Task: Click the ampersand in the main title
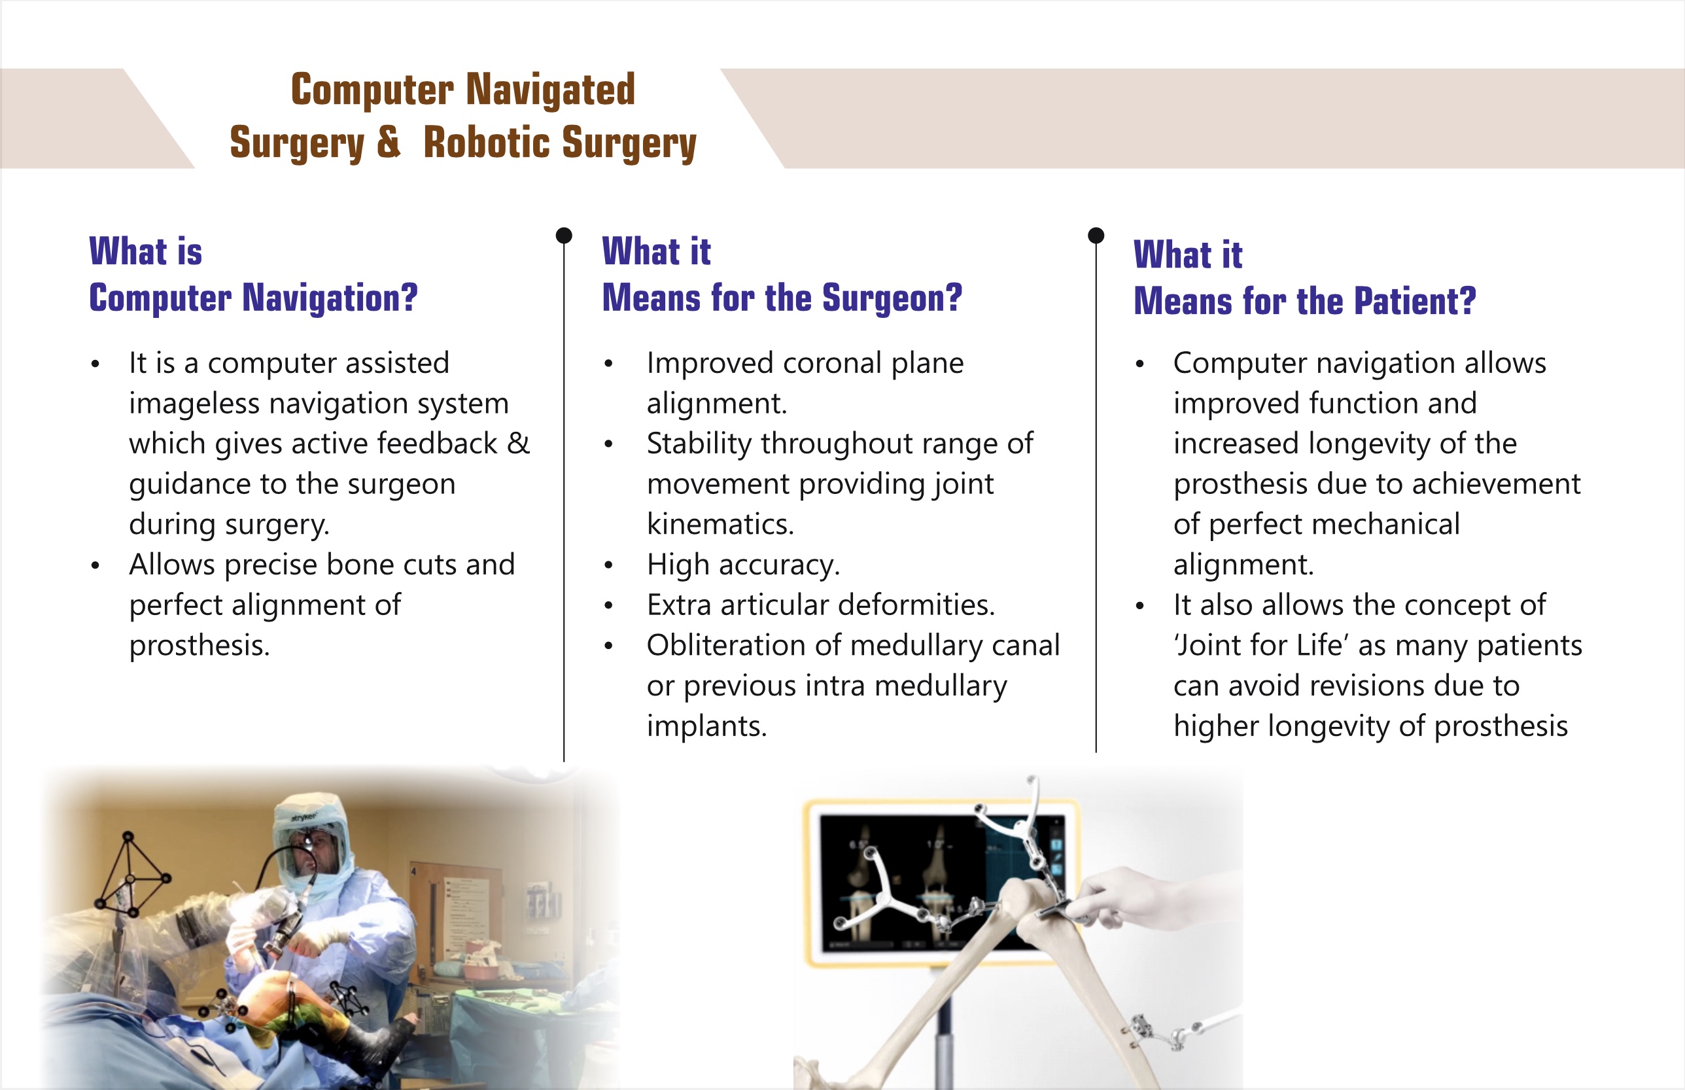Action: pos(389,141)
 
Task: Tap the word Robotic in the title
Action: pos(487,141)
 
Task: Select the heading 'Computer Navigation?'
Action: pos(253,298)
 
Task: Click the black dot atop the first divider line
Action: pos(564,235)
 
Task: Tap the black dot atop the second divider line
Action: pos(1096,235)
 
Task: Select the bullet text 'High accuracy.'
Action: pos(743,565)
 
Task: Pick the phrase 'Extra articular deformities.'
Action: pos(821,605)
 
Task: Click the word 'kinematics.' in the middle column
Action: pos(720,525)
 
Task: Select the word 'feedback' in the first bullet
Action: pos(438,444)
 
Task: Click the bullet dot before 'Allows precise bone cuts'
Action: pos(96,565)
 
